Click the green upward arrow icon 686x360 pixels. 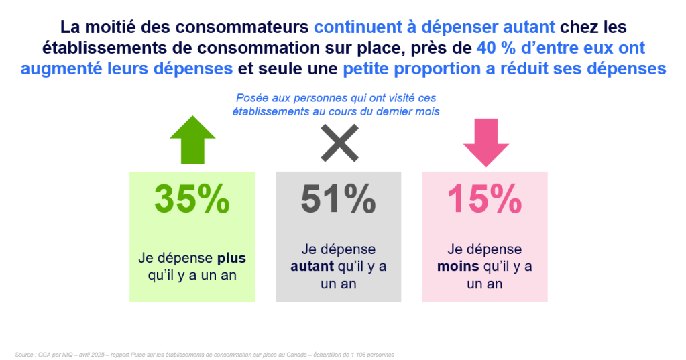(x=192, y=142)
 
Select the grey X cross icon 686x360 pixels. (x=339, y=142)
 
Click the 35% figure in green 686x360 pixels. (x=192, y=198)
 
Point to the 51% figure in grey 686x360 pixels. (x=338, y=198)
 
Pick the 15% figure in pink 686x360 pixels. (x=484, y=198)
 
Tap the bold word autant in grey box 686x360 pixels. (x=312, y=266)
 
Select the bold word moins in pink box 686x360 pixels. (x=458, y=266)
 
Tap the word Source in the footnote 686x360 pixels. (x=23, y=353)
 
